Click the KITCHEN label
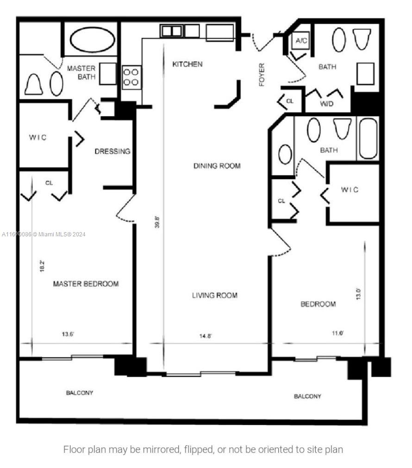tap(187, 64)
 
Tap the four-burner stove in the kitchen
tap(131, 77)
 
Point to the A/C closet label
tap(301, 41)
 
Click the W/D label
tap(326, 104)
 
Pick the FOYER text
tap(262, 75)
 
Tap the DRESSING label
tap(112, 152)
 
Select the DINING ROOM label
tap(217, 165)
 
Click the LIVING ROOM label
tap(214, 295)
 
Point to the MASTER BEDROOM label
tap(86, 284)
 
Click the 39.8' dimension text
tap(157, 222)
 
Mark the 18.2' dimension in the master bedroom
tap(42, 266)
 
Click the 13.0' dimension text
tap(357, 294)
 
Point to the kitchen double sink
tap(171, 32)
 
